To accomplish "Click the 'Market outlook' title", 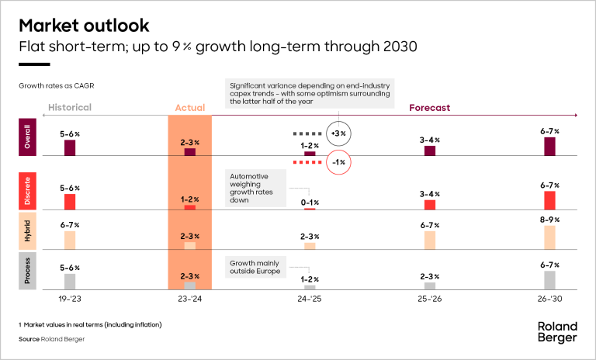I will [74, 25].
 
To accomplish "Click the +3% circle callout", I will [338, 133].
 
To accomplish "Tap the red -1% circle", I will [338, 162].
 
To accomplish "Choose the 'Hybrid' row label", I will [28, 231].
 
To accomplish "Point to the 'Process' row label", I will [28, 270].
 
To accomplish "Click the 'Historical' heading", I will [70, 108].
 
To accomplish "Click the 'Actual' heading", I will [189, 109].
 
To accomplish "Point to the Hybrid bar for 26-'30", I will [549, 237].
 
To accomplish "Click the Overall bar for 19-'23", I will [70, 148].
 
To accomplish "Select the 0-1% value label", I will [310, 202].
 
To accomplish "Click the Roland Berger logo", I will [556, 331].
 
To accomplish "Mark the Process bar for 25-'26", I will [430, 286].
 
